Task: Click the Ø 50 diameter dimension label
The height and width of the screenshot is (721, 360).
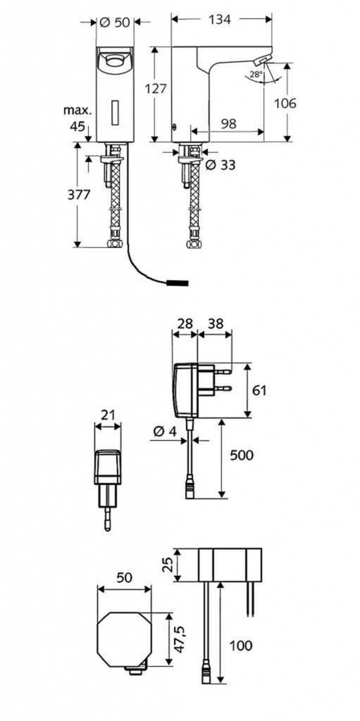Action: coord(115,22)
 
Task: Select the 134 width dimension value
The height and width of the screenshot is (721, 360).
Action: coord(220,19)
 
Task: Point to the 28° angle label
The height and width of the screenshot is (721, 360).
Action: coord(256,73)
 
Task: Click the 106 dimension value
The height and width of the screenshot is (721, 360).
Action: coord(285,103)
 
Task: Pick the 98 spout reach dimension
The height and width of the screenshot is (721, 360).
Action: coord(229,123)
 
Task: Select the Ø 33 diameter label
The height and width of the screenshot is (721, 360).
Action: coord(221,165)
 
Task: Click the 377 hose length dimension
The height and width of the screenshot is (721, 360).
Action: coord(79,194)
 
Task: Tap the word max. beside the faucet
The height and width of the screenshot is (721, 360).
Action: coord(77,111)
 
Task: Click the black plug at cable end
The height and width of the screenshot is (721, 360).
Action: coord(178,282)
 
